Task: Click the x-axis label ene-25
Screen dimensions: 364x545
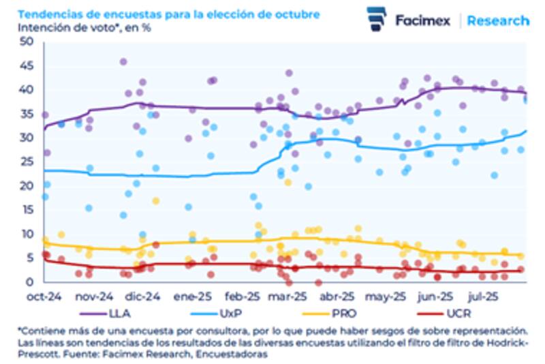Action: click(191, 297)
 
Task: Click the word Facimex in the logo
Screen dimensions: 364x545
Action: click(422, 20)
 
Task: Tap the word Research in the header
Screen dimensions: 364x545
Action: click(498, 20)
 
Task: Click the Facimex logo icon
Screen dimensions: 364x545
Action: click(376, 19)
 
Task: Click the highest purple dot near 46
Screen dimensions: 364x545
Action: click(123, 61)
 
